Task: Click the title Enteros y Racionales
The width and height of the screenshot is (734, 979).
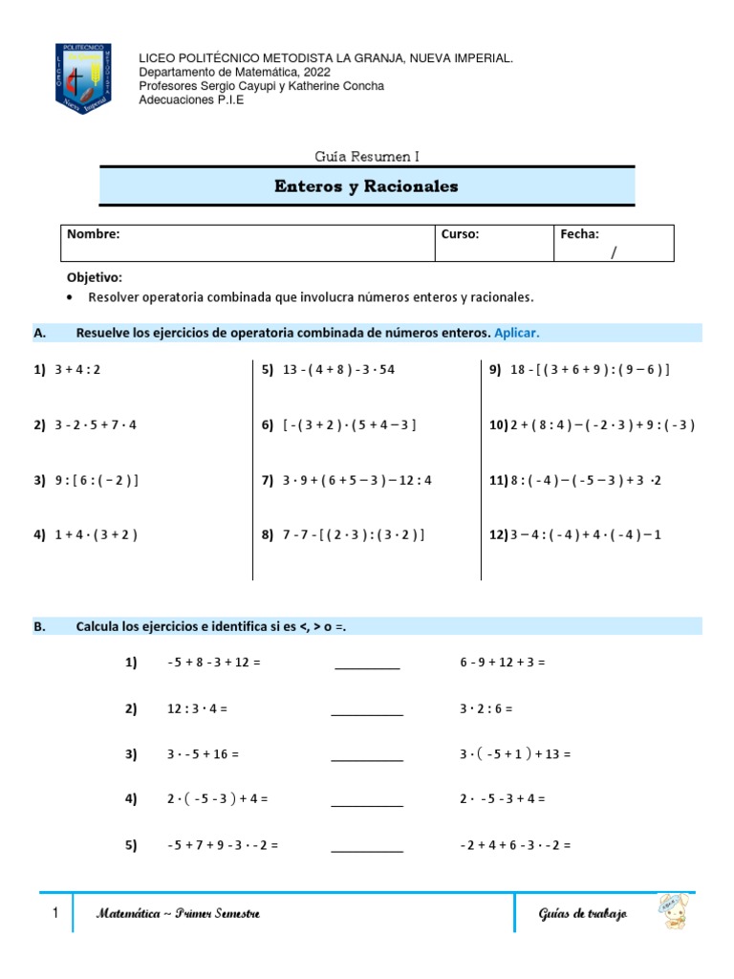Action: [x=367, y=186]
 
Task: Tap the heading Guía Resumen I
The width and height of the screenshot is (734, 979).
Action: [x=367, y=155]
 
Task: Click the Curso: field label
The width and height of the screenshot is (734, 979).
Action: [x=460, y=234]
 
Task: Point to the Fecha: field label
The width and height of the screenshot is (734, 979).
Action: [x=580, y=234]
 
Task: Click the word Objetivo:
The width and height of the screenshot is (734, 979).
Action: [x=94, y=277]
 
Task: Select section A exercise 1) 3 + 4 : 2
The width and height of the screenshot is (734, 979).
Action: [x=67, y=370]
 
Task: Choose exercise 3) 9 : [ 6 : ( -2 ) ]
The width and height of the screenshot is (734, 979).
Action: [x=86, y=481]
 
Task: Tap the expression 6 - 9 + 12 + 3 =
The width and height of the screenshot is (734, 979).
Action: [x=502, y=662]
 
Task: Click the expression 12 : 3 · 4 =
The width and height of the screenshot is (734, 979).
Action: [x=197, y=708]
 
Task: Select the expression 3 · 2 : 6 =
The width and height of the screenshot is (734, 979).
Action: [x=486, y=708]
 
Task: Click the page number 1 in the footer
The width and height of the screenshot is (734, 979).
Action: [x=55, y=914]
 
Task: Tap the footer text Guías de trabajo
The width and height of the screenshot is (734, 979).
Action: [x=582, y=915]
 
